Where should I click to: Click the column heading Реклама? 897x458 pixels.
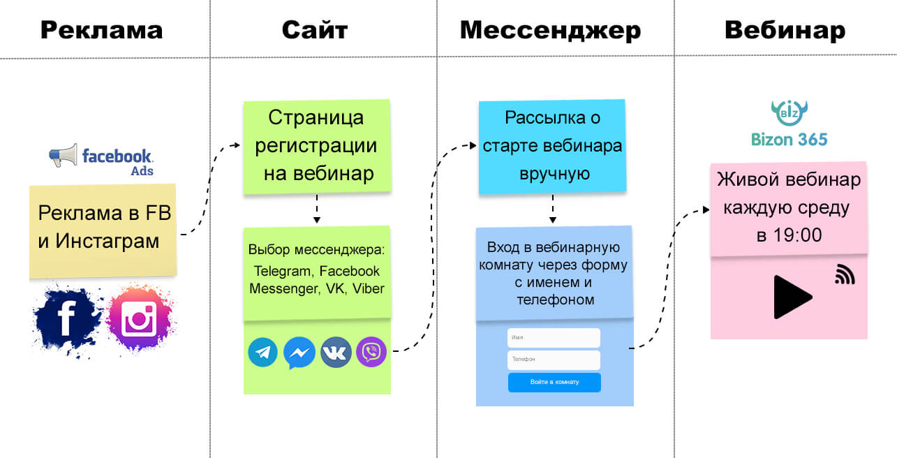101,30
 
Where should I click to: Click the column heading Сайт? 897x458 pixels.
315,30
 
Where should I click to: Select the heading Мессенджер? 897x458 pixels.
550,30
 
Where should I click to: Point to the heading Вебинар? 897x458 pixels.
785,30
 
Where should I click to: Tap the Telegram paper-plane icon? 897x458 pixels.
263,353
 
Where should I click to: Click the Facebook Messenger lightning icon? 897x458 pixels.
299,353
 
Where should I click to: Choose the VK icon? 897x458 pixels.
336,353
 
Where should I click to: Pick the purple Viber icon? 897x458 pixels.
371,352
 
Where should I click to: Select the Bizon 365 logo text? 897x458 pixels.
789,139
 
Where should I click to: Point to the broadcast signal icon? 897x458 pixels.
845,275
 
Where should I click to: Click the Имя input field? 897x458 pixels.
554,338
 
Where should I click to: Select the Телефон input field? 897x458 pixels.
554,360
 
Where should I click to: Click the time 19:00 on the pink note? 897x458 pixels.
799,235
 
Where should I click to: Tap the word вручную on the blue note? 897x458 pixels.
551,174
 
